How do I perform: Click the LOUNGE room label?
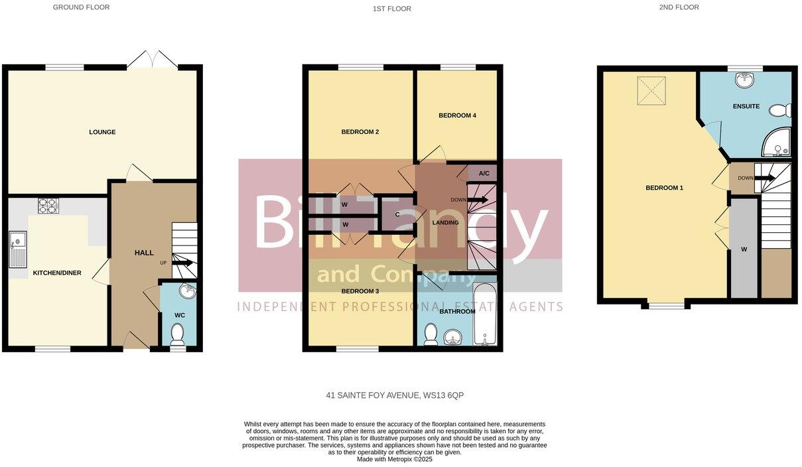tap(102, 132)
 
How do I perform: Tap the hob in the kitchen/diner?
tap(48, 206)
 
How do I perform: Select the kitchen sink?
tap(17, 249)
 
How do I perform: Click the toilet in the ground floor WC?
tap(178, 334)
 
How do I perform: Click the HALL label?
tap(144, 253)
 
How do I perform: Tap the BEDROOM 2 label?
tap(360, 132)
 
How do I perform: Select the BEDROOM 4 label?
tap(457, 115)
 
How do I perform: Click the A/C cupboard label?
tap(484, 174)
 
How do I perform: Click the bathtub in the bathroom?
tap(485, 314)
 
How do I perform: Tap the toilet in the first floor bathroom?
tap(431, 334)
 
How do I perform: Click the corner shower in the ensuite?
tap(777, 142)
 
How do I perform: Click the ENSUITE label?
tap(746, 106)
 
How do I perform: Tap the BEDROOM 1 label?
tap(664, 188)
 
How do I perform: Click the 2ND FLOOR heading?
tap(679, 7)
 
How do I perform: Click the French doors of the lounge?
tap(152, 60)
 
